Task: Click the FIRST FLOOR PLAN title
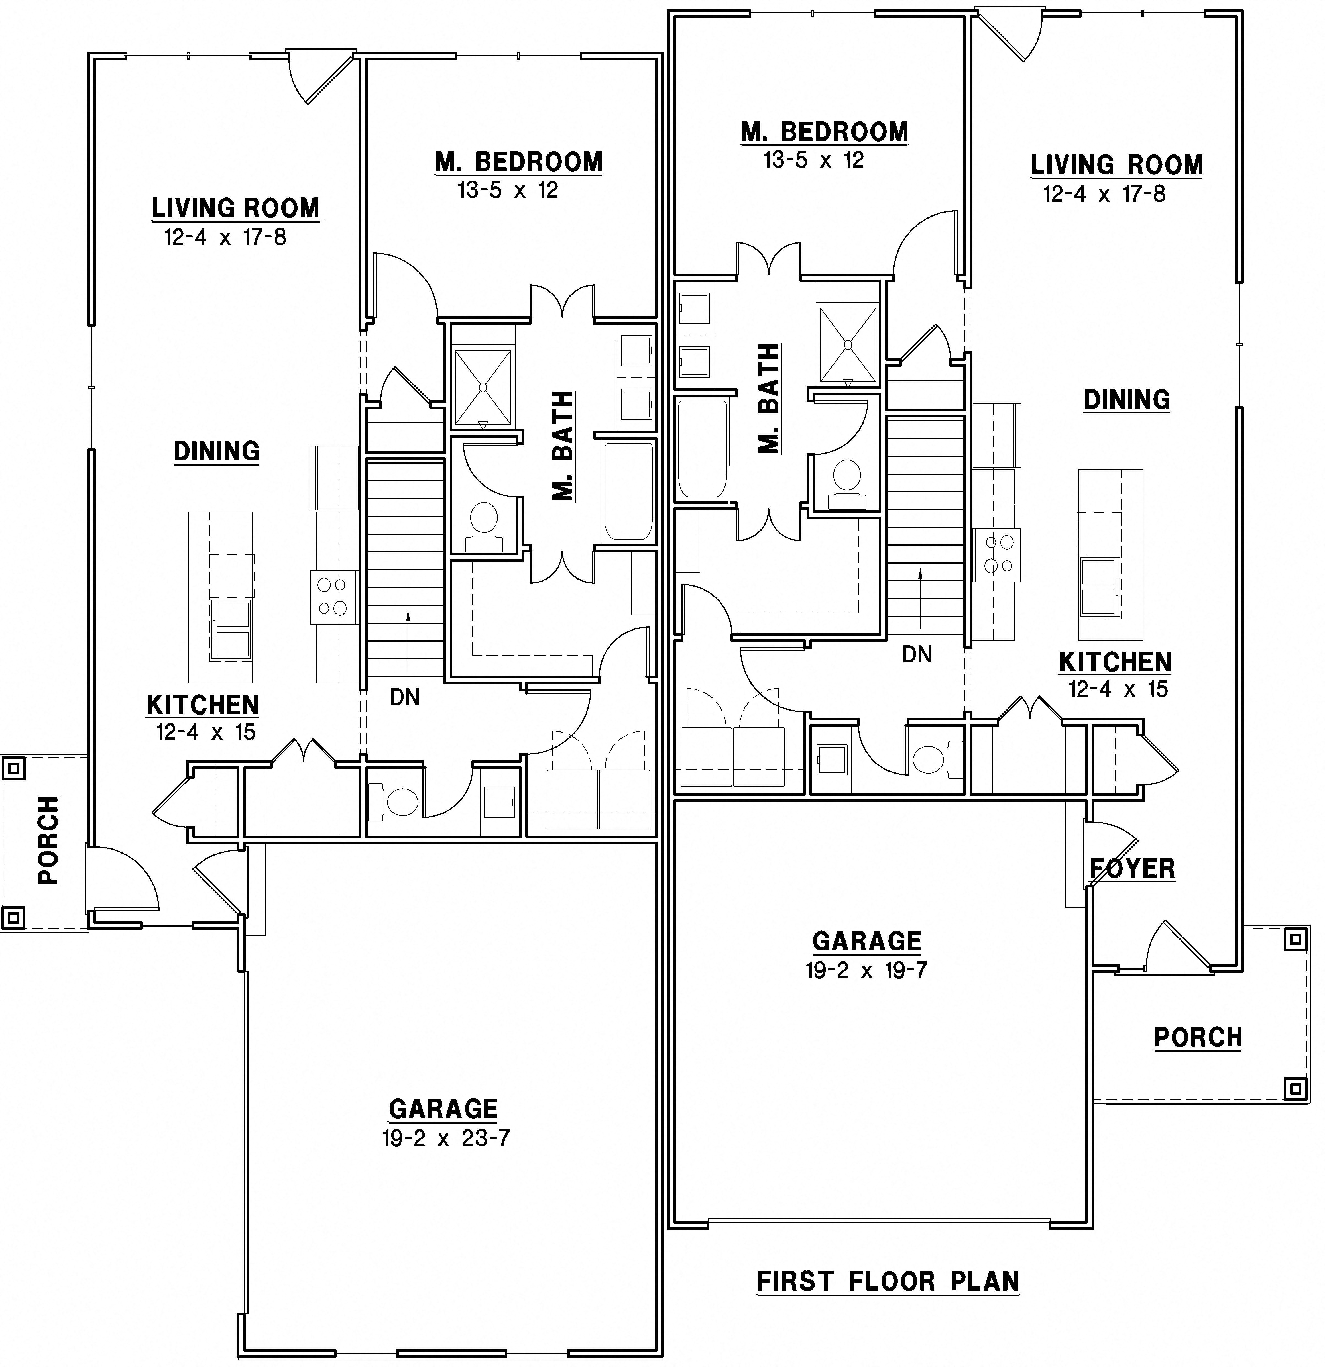pos(888,1281)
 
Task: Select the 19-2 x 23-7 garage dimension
pos(445,1138)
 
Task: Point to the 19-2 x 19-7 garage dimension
pos(866,970)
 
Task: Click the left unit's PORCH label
pos(48,840)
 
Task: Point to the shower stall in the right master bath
pos(847,345)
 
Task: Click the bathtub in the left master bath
pos(628,492)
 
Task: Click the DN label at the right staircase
pos(917,654)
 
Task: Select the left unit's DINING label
pos(216,451)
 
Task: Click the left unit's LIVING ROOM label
pos(235,208)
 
